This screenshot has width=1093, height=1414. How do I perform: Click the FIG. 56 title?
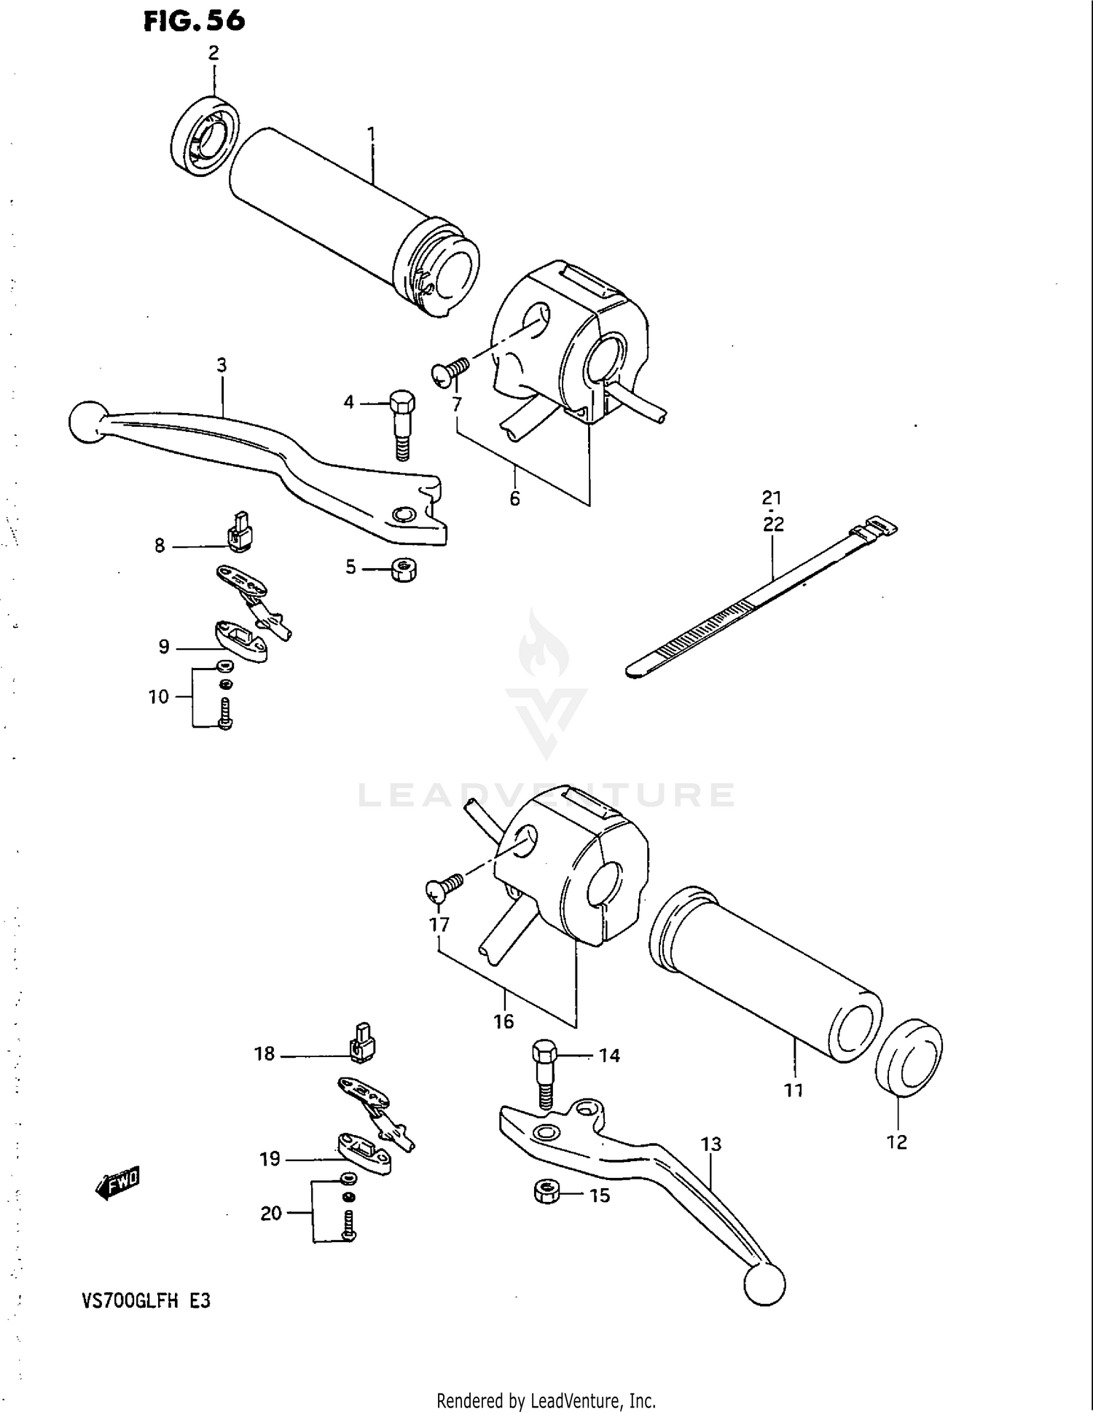click(194, 20)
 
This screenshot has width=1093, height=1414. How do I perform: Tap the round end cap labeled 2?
click(206, 135)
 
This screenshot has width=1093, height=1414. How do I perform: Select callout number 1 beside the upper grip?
click(371, 134)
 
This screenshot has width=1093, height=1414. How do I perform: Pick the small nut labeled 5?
click(402, 569)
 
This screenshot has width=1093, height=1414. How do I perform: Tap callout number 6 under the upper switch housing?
click(514, 498)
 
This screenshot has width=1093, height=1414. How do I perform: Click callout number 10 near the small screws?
click(158, 697)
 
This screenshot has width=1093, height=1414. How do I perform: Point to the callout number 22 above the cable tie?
click(773, 524)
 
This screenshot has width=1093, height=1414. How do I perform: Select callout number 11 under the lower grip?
click(793, 1090)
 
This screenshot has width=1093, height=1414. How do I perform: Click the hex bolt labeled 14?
click(545, 1073)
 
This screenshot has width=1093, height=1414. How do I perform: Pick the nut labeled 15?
click(546, 1193)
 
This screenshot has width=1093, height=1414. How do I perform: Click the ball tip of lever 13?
click(764, 1284)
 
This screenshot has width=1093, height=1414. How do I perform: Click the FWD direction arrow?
click(117, 1183)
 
